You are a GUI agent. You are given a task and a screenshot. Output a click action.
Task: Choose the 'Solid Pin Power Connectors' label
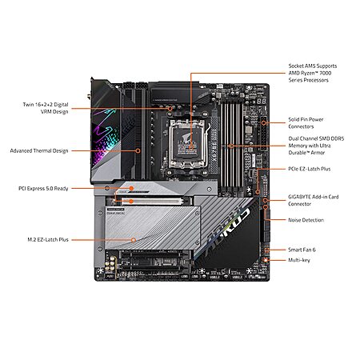pos(307,122)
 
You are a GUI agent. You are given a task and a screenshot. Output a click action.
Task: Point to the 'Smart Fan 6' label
pos(301,250)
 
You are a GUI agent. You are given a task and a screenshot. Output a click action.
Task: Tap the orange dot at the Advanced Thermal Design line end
pos(139,150)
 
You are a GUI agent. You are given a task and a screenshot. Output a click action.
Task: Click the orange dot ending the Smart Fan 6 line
pos(266,250)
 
